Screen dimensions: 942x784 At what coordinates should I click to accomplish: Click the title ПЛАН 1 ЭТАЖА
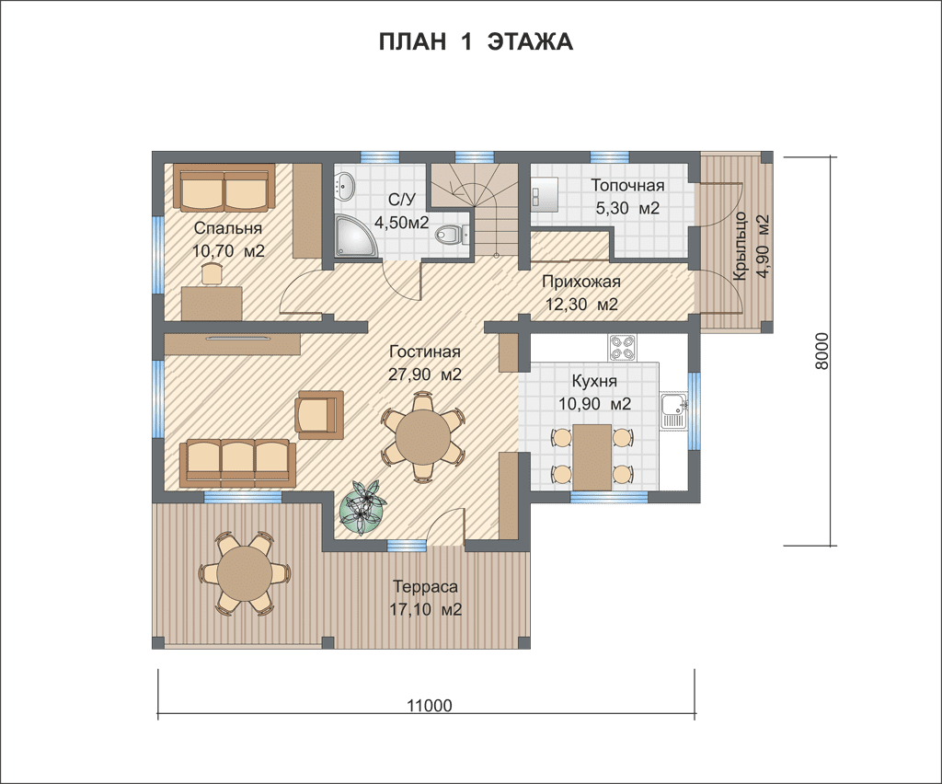coord(476,42)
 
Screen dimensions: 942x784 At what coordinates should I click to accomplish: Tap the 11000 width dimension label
coord(430,705)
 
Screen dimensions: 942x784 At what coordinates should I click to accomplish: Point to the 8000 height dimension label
coord(821,351)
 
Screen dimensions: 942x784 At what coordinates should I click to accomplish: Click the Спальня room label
coord(228,228)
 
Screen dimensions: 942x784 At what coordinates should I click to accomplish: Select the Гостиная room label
coord(425,352)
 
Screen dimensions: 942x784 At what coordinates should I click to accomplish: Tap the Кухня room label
coord(594,381)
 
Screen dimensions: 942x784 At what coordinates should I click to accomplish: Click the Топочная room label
coord(627,185)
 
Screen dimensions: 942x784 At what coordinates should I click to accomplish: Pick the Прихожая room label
coord(581,282)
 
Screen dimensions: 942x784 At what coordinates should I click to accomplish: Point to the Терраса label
coord(425,586)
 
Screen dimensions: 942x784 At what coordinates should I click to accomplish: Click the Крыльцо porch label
coord(741,246)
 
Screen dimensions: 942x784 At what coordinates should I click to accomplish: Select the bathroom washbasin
coord(345,184)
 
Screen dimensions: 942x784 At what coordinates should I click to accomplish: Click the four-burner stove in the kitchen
coord(622,347)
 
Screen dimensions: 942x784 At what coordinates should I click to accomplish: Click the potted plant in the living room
coord(362,508)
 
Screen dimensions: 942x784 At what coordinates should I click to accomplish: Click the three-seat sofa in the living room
coord(238,462)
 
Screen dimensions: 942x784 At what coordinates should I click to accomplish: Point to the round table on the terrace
coord(246,573)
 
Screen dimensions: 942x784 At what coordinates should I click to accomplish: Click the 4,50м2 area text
coord(401,223)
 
